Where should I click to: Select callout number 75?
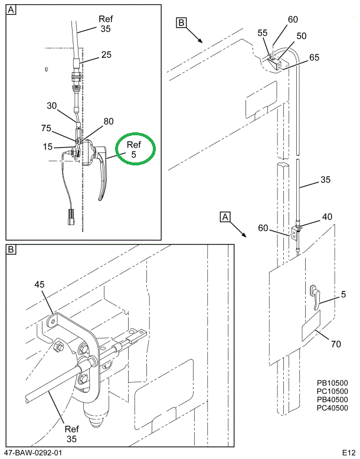pyautogui.click(x=46, y=127)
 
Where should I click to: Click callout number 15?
pyautogui.click(x=47, y=146)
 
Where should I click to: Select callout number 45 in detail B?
pyautogui.click(x=40, y=285)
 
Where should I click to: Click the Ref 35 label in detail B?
pyautogui.click(x=71, y=434)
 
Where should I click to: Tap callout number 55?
pyautogui.click(x=262, y=34)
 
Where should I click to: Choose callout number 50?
pyautogui.click(x=302, y=36)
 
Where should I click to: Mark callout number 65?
pyautogui.click(x=314, y=57)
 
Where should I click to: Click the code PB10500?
pyautogui.click(x=332, y=383)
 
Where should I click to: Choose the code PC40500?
pyautogui.click(x=332, y=408)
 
